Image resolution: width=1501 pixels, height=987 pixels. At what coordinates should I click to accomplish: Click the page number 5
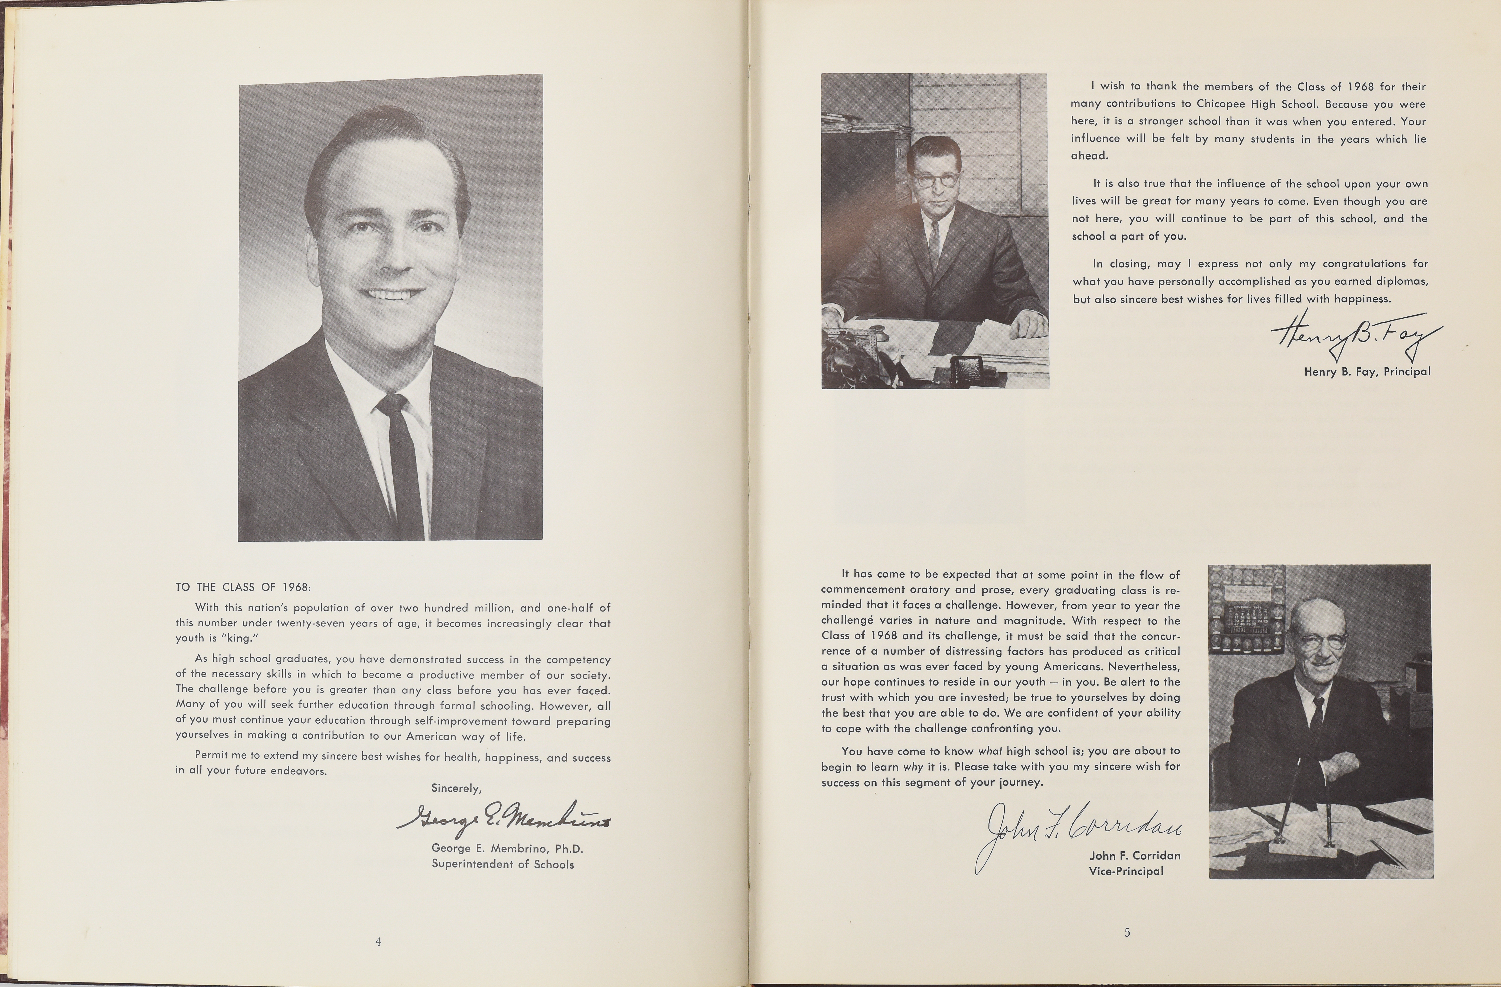coord(1127,932)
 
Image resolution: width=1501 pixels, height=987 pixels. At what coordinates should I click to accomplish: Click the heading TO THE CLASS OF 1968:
coord(243,587)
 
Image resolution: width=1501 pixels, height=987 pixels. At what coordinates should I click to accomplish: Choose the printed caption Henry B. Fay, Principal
coord(1367,372)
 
